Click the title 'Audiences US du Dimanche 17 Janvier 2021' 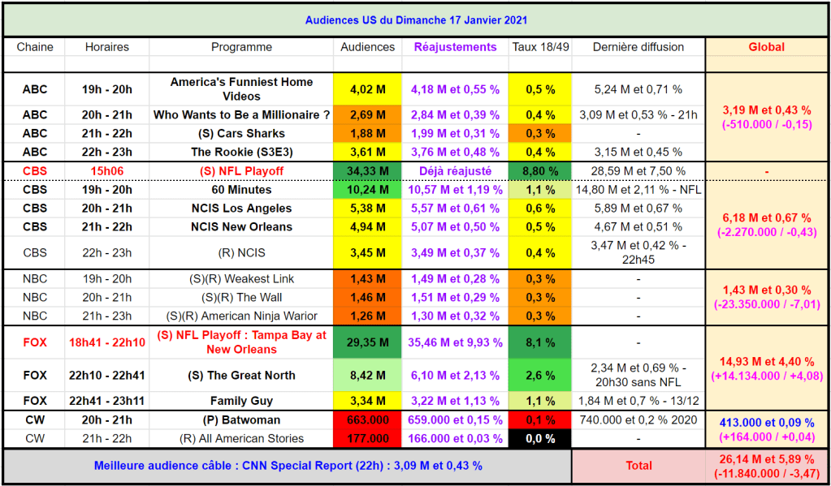pyautogui.click(x=415, y=20)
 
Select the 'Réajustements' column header pyautogui.click(x=455, y=47)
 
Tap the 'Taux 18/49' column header pyautogui.click(x=540, y=47)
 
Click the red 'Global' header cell pyautogui.click(x=766, y=47)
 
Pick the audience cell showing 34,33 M pyautogui.click(x=367, y=171)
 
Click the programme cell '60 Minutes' pyautogui.click(x=241, y=190)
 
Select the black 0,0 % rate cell pyautogui.click(x=540, y=439)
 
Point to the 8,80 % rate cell pyautogui.click(x=540, y=171)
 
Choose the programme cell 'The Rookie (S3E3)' pyautogui.click(x=241, y=152)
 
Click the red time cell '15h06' pyautogui.click(x=106, y=171)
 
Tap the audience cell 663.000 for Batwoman pyautogui.click(x=367, y=420)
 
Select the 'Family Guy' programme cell pyautogui.click(x=241, y=401)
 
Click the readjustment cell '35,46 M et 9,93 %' pyautogui.click(x=455, y=342)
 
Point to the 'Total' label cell pyautogui.click(x=638, y=466)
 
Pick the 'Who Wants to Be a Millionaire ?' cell pyautogui.click(x=241, y=115)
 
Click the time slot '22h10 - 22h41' pyautogui.click(x=106, y=376)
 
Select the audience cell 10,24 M pyautogui.click(x=367, y=190)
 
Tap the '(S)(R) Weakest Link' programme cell pyautogui.click(x=241, y=279)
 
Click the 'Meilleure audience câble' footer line pyautogui.click(x=288, y=466)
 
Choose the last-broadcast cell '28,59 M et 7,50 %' pyautogui.click(x=638, y=171)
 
